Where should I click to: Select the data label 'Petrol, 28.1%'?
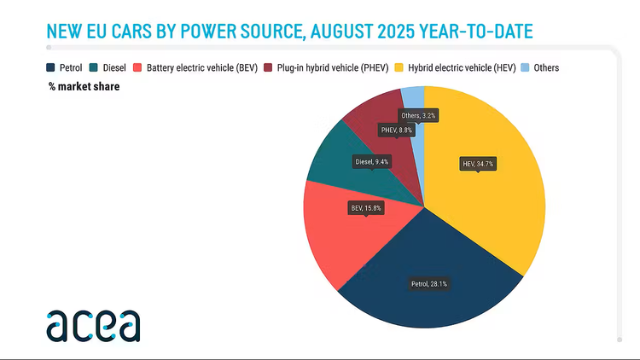pos(429,283)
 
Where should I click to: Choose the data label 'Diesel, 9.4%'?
pos(372,160)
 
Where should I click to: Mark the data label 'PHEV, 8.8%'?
pos(397,130)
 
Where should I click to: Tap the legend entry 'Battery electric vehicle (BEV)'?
pos(201,67)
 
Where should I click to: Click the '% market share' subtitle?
pos(84,86)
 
